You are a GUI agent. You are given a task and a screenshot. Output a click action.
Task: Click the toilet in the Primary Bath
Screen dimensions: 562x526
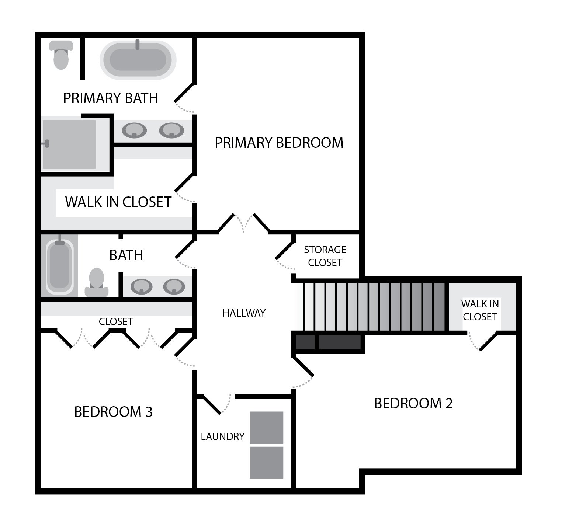click(61, 55)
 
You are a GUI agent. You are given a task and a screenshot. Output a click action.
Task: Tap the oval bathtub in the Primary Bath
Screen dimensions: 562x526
click(138, 60)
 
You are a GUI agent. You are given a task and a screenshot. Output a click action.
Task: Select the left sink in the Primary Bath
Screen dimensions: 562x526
click(134, 130)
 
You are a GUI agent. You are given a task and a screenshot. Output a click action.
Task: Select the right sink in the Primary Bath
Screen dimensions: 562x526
click(171, 130)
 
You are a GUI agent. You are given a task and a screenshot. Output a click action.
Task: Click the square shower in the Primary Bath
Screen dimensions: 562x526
click(69, 144)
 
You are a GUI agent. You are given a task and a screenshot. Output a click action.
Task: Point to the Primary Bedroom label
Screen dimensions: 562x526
click(279, 143)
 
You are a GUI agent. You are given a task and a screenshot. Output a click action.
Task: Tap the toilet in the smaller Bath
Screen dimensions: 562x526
click(97, 282)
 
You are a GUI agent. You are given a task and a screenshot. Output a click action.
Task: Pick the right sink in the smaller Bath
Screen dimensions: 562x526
click(174, 286)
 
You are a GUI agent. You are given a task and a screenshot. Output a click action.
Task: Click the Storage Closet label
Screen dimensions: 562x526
click(325, 256)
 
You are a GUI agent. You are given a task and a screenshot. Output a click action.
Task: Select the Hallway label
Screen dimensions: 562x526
click(244, 313)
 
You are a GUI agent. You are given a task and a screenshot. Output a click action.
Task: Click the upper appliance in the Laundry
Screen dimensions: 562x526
click(267, 428)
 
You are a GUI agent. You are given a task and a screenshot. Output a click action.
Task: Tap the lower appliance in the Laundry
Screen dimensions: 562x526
click(267, 463)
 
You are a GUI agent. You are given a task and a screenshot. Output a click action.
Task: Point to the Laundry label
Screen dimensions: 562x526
click(223, 436)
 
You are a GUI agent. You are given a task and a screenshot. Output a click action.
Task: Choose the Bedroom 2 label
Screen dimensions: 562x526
click(413, 403)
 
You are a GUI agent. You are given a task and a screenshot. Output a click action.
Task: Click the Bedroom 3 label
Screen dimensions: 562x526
click(114, 412)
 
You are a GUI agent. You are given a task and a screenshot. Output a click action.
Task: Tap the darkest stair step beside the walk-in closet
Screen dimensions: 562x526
click(439, 307)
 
